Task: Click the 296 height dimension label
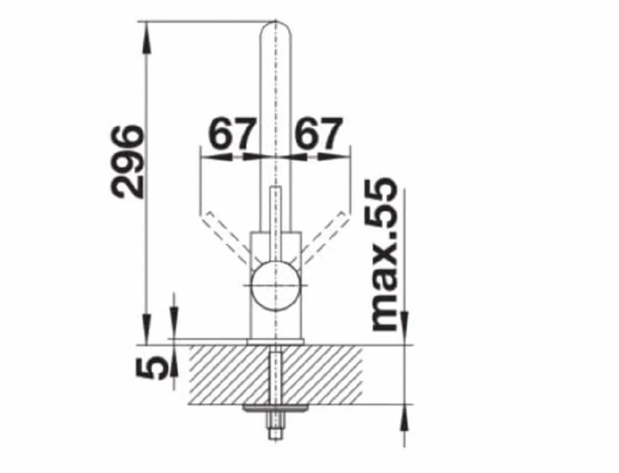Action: [x=127, y=161]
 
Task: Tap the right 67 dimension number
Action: [x=317, y=133]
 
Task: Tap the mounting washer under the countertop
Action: [x=276, y=408]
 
